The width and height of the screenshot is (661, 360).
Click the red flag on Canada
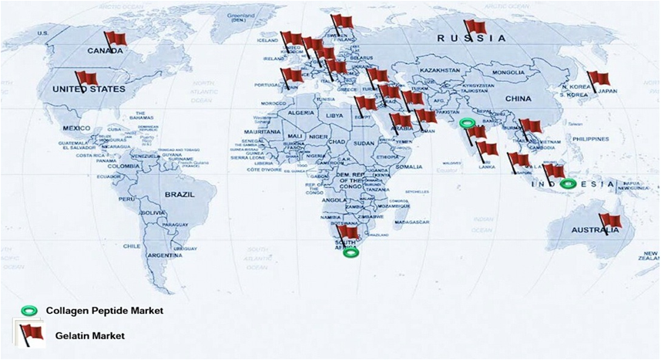click(x=116, y=39)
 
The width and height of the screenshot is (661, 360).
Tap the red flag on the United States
click(x=86, y=79)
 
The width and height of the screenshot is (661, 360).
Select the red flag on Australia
click(x=610, y=221)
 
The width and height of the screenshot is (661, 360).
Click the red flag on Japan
click(x=599, y=79)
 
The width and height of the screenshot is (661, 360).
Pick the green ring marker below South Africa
click(x=351, y=252)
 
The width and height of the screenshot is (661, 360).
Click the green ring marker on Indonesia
click(x=568, y=183)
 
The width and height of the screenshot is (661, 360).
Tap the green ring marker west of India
click(x=465, y=123)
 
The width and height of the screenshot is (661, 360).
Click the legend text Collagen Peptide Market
click(x=104, y=310)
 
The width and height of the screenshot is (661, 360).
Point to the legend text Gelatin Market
click(x=89, y=335)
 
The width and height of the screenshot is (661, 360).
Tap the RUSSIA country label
click(x=471, y=38)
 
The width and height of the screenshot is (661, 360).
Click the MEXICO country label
click(x=77, y=127)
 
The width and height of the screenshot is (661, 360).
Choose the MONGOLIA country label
click(x=508, y=72)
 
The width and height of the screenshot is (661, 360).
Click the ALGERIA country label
click(x=300, y=113)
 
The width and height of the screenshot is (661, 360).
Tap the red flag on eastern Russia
click(x=475, y=27)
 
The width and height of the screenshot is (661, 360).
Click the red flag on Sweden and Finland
click(x=342, y=21)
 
